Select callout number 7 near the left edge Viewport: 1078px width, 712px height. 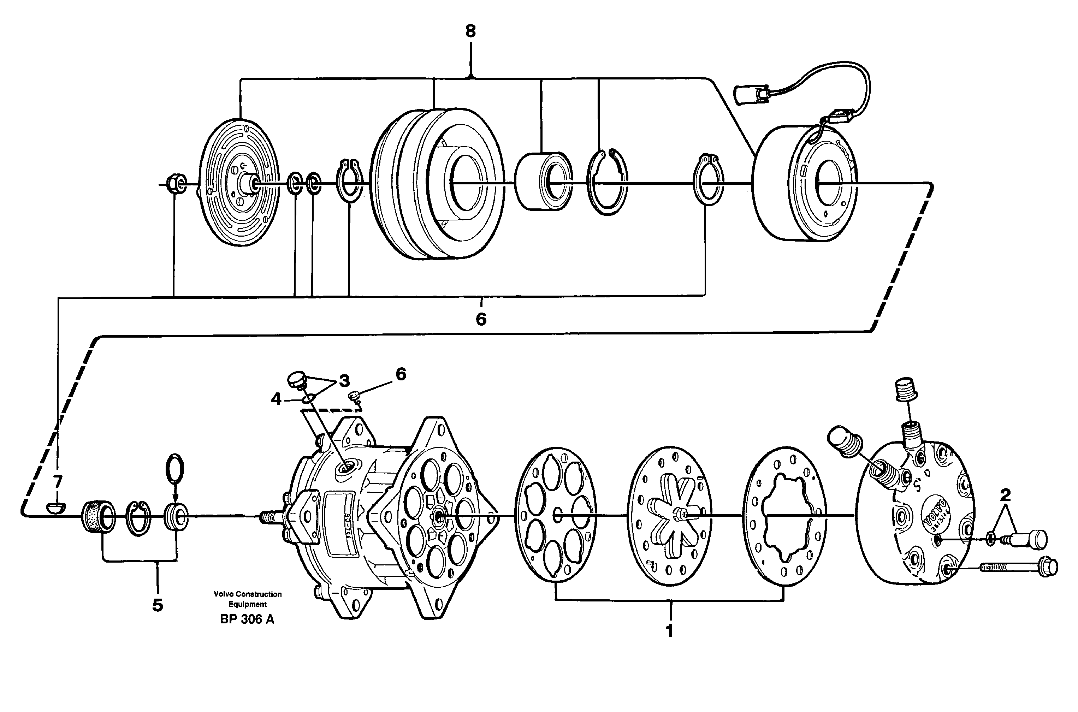coord(57,480)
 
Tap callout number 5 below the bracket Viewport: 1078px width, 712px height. coord(158,605)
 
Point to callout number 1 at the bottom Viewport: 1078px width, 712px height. coord(669,631)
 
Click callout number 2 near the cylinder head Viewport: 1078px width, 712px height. coord(1005,494)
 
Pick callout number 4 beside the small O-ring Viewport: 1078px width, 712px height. coord(277,399)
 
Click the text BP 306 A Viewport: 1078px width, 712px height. coord(247,619)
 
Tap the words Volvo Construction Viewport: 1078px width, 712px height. coord(248,594)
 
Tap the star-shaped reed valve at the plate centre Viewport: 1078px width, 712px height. coord(671,515)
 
